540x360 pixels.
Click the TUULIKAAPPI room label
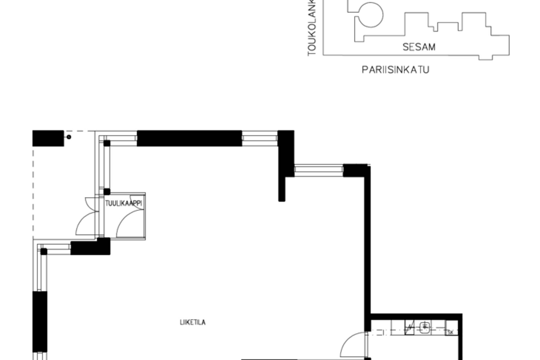123,203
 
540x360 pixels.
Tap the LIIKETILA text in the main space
193,322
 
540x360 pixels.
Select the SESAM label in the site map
419,47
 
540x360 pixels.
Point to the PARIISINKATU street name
395,70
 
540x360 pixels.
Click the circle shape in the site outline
371,15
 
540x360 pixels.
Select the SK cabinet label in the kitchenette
451,332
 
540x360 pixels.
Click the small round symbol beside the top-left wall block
69,137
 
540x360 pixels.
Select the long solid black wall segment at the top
189,138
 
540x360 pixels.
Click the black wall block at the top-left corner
48,138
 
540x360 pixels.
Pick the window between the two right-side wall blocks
319,170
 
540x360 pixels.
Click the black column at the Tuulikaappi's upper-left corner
107,192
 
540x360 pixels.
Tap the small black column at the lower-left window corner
44,251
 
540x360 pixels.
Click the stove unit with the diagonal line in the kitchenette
409,328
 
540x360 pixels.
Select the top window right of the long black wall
260,138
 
